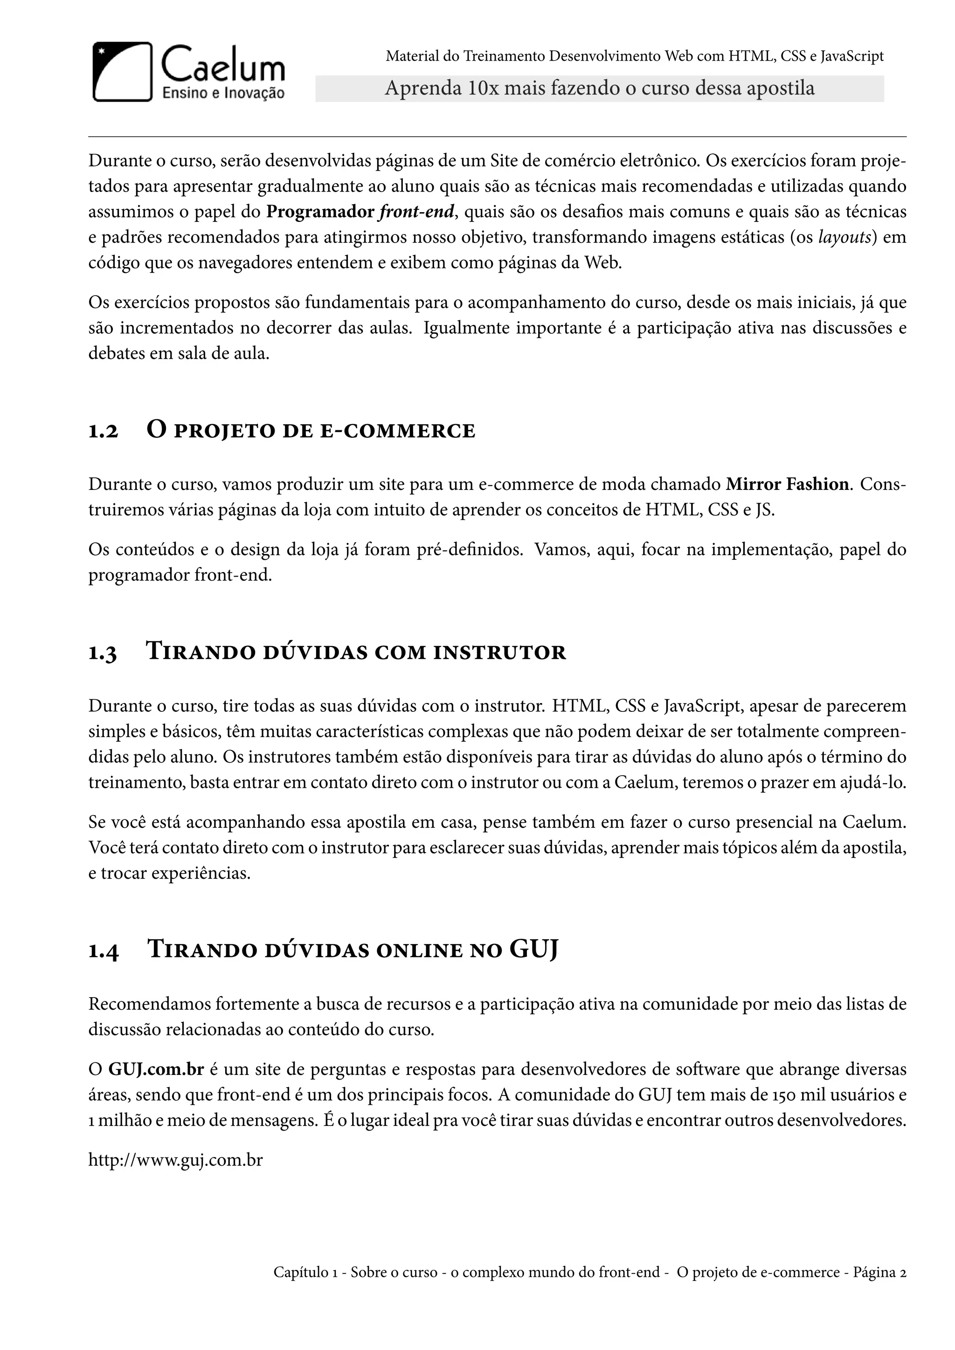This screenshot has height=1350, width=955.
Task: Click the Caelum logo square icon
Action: (x=122, y=71)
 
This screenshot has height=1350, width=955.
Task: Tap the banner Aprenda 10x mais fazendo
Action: (x=599, y=88)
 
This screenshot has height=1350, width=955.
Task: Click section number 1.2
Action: (x=103, y=432)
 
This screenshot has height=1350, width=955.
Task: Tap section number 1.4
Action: (x=104, y=951)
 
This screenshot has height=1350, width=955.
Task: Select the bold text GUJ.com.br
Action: (x=156, y=1069)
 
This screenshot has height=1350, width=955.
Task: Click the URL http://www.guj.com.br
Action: (x=175, y=1161)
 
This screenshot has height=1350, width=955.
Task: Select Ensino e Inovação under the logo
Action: (x=223, y=93)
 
